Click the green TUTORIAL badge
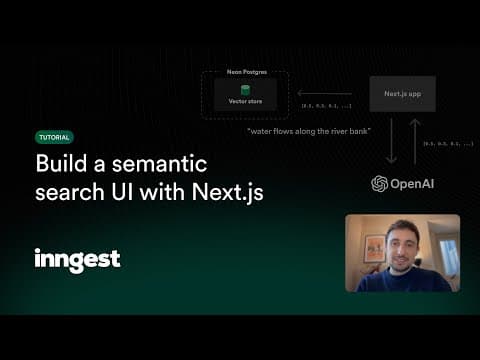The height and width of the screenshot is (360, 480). click(54, 137)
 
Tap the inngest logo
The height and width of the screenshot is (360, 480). click(77, 260)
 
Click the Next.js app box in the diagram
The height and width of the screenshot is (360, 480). click(402, 94)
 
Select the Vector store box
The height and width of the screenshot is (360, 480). click(245, 95)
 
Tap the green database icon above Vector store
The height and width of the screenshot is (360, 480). click(245, 89)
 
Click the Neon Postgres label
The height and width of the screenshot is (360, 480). click(245, 74)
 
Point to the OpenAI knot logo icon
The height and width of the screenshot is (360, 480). click(379, 184)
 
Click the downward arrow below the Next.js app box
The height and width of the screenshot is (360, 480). click(391, 142)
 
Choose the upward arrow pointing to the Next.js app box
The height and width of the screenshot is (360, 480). click(414, 142)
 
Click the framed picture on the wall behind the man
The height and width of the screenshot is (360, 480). click(375, 247)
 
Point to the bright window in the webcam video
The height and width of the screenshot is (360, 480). click(448, 255)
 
